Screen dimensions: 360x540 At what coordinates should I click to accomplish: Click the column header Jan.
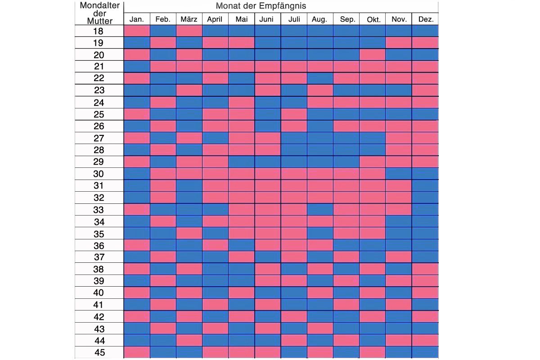136,19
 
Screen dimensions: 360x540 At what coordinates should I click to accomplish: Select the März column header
189,19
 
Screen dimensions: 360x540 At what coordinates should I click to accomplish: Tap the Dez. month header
425,19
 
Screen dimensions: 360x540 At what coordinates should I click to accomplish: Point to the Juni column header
267,19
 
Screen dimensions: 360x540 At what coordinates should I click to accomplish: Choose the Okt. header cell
373,19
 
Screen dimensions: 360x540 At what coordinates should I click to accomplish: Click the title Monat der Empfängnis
261,6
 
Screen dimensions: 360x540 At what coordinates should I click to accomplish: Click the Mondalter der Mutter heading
99,13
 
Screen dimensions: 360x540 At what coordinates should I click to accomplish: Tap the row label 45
99,352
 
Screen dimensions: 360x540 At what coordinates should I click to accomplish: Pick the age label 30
99,174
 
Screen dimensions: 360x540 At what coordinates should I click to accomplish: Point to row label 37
99,257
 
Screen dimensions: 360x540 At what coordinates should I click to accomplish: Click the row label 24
99,103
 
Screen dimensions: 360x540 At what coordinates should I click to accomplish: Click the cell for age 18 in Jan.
137,31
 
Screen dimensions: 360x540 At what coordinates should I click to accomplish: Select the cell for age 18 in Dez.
425,31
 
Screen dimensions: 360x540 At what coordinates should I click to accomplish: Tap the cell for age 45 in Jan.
137,352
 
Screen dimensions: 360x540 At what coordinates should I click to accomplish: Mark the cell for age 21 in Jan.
137,67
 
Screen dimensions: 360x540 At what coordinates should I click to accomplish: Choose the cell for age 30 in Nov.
399,174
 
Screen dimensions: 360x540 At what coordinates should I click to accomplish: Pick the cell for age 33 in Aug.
320,210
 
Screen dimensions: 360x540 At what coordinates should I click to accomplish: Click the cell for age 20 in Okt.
373,55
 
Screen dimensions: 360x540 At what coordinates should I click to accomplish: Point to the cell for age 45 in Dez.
425,352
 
